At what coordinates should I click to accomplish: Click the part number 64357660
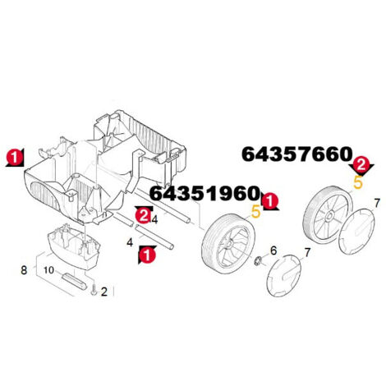coord(296,154)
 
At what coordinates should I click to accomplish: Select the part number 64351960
coord(204,193)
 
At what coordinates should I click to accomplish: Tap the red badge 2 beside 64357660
coord(361,165)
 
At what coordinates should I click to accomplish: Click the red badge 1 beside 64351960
coord(269,201)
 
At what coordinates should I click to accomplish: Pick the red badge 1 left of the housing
coord(15,158)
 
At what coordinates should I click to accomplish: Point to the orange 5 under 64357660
coord(358,182)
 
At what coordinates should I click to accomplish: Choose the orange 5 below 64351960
coord(255,212)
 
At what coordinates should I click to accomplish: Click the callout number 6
coord(273,250)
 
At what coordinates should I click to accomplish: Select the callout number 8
coord(24,270)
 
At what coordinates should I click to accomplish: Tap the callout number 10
coord(49,270)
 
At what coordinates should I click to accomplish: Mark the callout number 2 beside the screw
coord(104,292)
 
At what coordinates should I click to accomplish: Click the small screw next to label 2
coord(94,290)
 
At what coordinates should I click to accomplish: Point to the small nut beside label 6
coord(258,260)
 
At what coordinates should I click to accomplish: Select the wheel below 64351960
coord(228,241)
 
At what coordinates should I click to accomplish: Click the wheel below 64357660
coord(328,215)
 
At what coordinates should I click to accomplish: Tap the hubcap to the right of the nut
coord(283,275)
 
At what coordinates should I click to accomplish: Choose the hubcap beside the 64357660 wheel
coord(356,230)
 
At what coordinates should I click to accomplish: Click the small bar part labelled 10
coord(75,281)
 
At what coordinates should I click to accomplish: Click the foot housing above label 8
coord(74,245)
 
